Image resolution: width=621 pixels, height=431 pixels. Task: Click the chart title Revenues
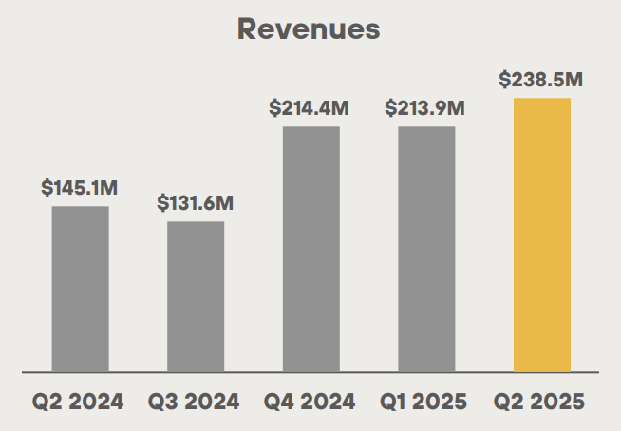point(309,28)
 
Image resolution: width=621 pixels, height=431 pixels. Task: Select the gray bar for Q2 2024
point(81,289)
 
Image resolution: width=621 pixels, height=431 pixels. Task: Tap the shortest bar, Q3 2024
point(196,296)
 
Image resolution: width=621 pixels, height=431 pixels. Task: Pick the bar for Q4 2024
point(311,249)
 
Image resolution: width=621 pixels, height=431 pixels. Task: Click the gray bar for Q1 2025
point(426,249)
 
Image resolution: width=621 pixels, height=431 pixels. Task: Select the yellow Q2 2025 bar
point(542,234)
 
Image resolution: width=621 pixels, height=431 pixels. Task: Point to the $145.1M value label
point(80,188)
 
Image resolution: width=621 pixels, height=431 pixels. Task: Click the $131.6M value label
point(196,203)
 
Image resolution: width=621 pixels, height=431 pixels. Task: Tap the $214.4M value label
point(310,108)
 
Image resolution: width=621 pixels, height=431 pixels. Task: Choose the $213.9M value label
point(425,108)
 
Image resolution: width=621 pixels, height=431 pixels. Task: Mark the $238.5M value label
point(541,80)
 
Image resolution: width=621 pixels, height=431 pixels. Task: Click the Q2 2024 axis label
point(80,402)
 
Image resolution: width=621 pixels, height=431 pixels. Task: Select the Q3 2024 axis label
point(196,402)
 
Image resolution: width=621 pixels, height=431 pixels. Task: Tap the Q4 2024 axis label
point(310,402)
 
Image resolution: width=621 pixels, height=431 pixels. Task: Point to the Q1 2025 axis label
point(426,402)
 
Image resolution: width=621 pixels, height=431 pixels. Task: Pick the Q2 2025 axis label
point(541,402)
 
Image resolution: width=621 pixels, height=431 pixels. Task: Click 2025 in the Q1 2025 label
point(442,402)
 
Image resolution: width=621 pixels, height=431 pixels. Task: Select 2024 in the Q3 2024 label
point(212,402)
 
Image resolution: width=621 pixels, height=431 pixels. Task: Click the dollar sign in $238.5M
point(504,80)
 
